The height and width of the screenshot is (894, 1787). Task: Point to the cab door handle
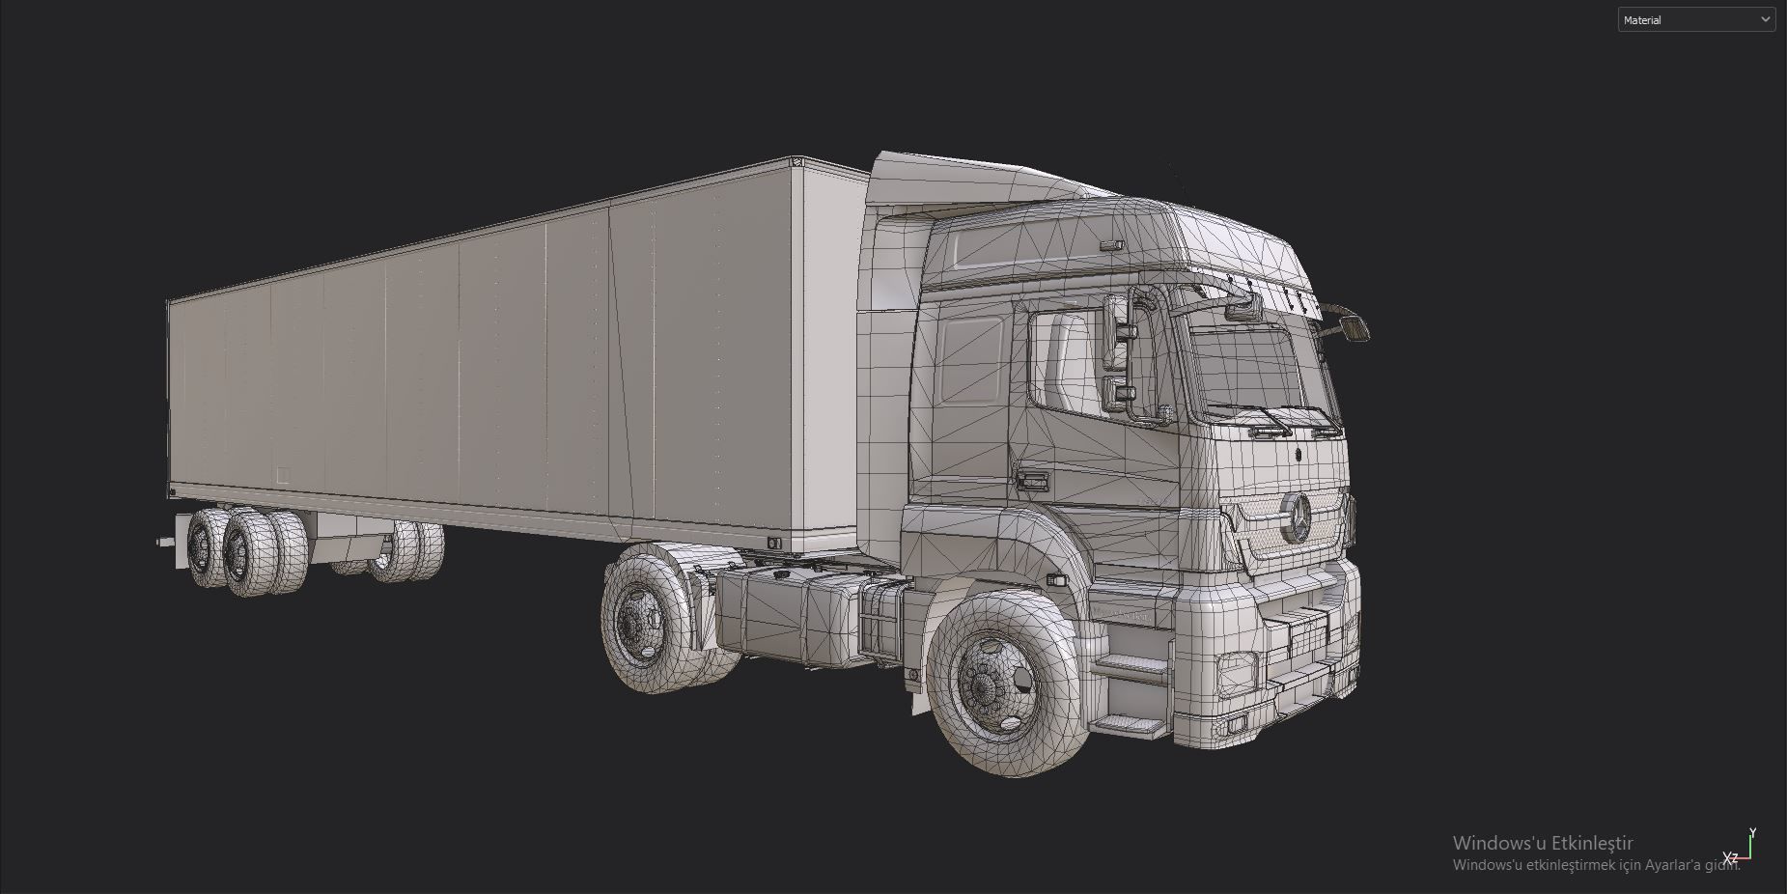[1031, 480]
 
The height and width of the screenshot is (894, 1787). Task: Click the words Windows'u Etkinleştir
[1543, 843]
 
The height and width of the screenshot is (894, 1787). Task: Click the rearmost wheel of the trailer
[206, 549]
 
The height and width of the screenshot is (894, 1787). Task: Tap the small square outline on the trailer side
[283, 475]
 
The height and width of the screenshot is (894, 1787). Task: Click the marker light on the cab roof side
[1112, 245]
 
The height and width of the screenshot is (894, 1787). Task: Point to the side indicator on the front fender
[1056, 580]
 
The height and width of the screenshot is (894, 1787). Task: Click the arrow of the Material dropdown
[1765, 19]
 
